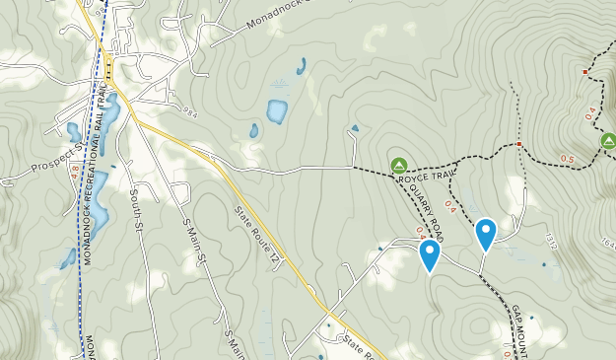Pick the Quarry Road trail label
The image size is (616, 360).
pyautogui.click(x=426, y=203)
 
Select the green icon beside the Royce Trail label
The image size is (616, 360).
pyautogui.click(x=399, y=165)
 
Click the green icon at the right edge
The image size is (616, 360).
pyautogui.click(x=608, y=142)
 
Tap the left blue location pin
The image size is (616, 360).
pyautogui.click(x=430, y=255)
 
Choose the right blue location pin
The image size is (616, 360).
pyautogui.click(x=486, y=233)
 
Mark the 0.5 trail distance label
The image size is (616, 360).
pyautogui.click(x=568, y=159)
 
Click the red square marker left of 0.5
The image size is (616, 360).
pyautogui.click(x=519, y=145)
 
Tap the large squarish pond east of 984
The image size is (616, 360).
pyautogui.click(x=277, y=110)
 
